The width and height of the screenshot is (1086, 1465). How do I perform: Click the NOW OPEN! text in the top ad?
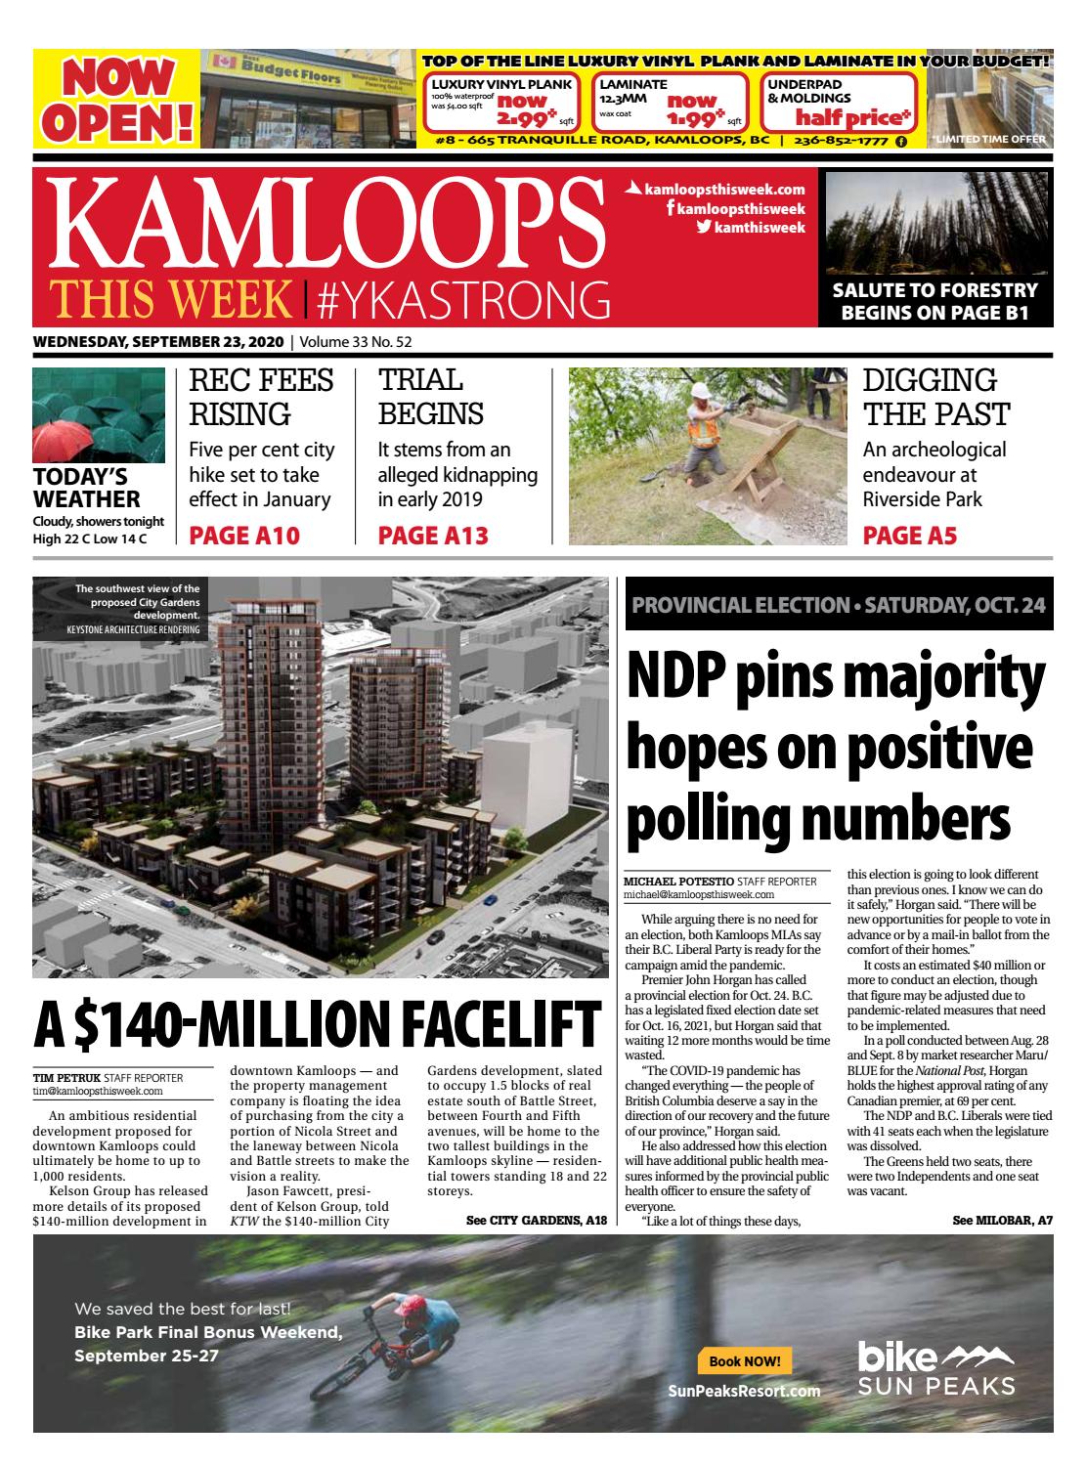[x=115, y=98]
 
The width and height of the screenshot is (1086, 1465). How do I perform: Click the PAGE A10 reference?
[x=243, y=536]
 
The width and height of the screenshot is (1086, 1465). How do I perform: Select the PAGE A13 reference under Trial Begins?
[x=432, y=536]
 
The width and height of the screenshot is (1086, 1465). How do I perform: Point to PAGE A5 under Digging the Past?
[x=909, y=536]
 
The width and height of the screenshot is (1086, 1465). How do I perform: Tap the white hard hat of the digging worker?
[x=698, y=391]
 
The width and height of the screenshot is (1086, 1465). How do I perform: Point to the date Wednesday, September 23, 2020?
[x=157, y=342]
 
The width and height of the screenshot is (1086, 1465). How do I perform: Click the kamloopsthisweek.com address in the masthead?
[x=724, y=190]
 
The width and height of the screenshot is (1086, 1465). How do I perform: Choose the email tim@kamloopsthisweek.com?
[x=98, y=1091]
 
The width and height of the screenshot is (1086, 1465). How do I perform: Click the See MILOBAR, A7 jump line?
[x=1001, y=1220]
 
